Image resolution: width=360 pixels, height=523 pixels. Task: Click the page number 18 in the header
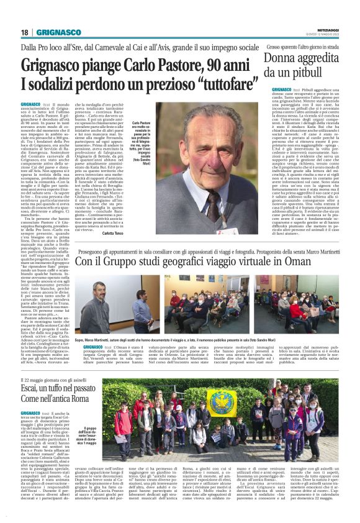coord(24,32)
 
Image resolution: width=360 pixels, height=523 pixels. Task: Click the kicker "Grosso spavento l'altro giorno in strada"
coord(300,47)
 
